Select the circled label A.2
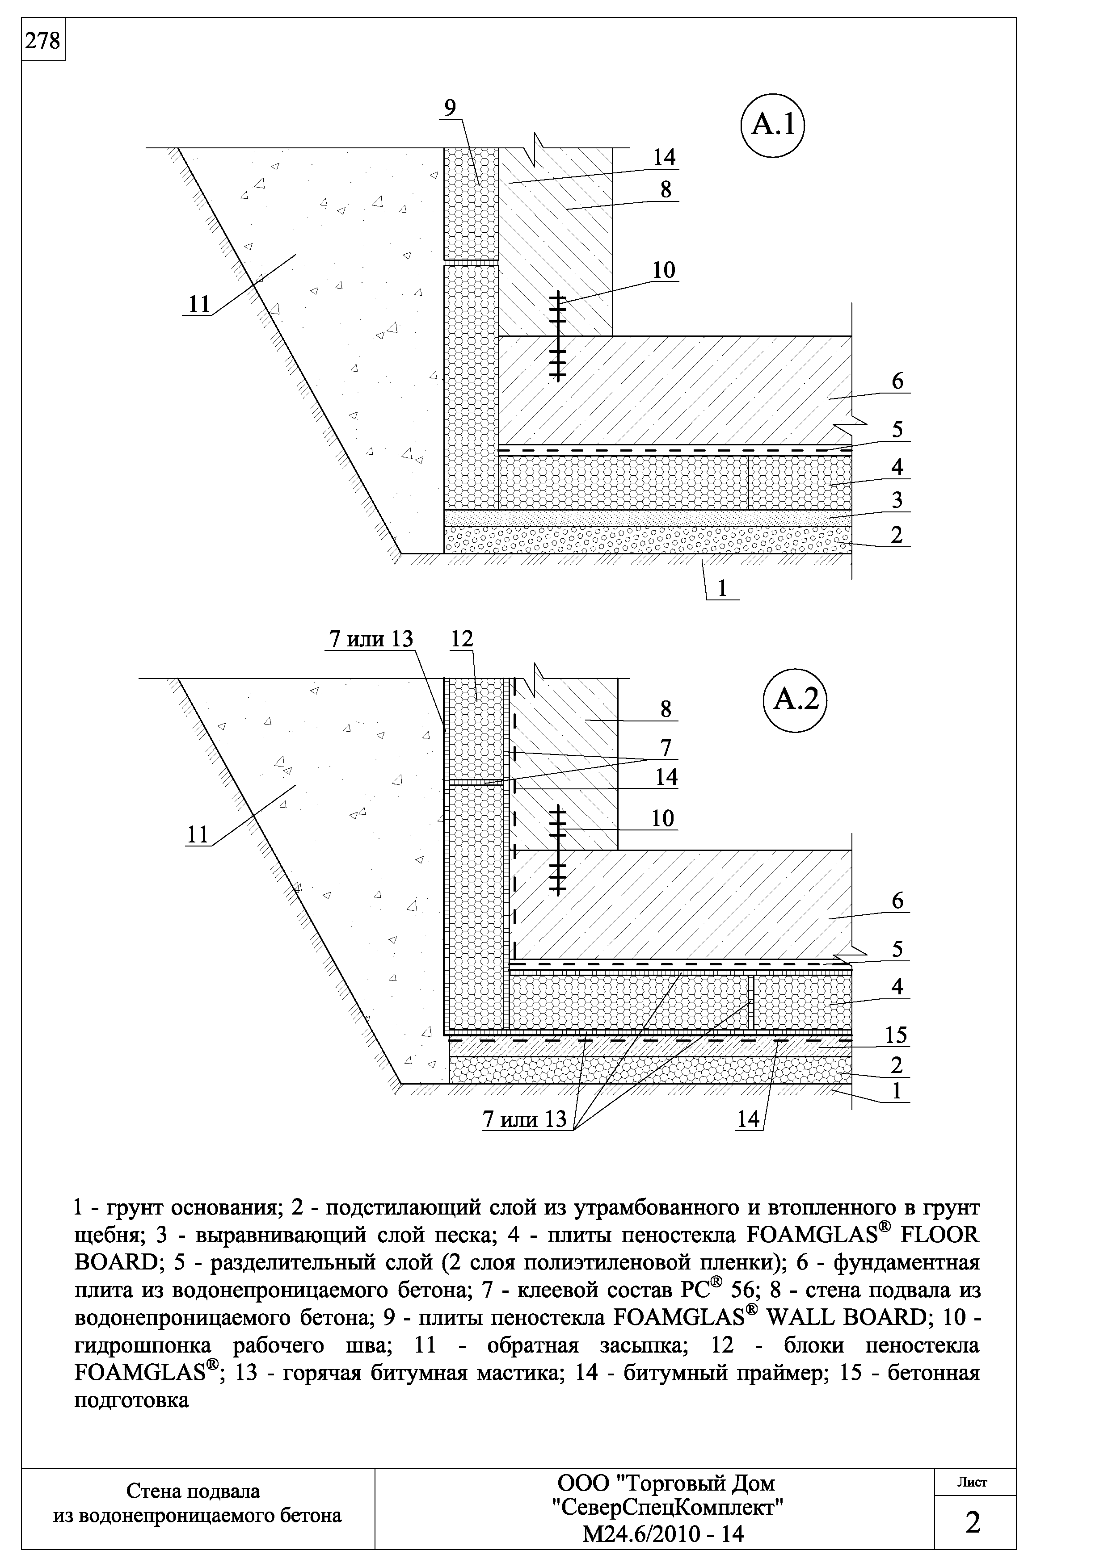[794, 700]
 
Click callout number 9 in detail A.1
[450, 108]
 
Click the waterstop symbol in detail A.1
[558, 336]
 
